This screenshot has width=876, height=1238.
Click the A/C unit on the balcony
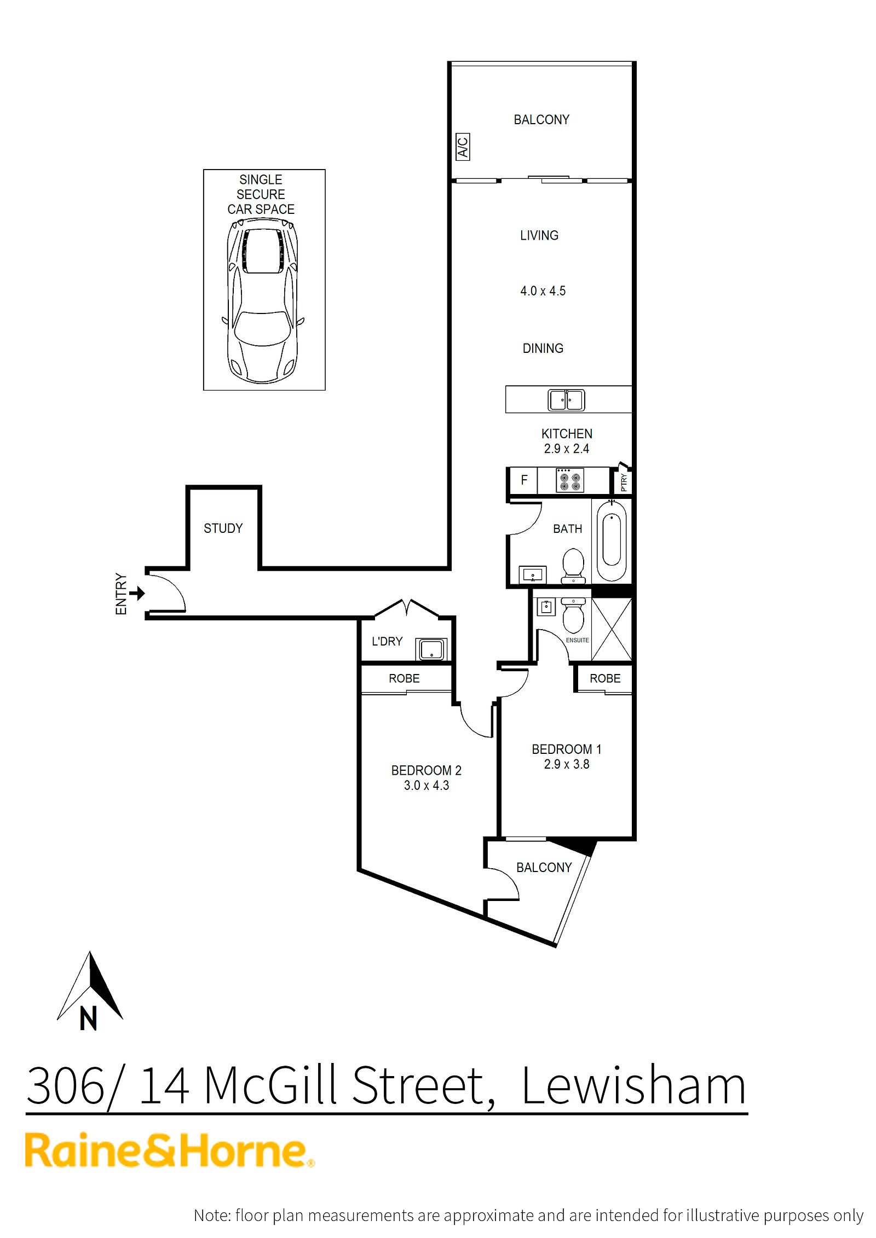click(463, 147)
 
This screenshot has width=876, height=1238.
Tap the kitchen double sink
click(566, 400)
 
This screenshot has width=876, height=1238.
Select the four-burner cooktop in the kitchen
click(569, 480)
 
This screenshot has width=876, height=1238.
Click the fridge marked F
click(523, 480)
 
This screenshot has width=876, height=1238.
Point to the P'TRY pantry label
click(624, 483)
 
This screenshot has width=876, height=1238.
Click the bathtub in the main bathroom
click(611, 540)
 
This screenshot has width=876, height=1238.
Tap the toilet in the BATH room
click(573, 566)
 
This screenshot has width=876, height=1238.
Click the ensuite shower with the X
click(612, 629)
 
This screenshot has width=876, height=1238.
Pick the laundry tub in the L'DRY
click(431, 649)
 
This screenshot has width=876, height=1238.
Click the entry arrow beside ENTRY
click(137, 593)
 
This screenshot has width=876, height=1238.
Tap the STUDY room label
click(223, 528)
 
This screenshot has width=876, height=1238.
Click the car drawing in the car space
click(263, 300)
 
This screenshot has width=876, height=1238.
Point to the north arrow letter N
click(88, 1019)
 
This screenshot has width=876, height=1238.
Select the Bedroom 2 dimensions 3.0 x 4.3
click(427, 786)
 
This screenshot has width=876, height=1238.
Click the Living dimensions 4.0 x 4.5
click(543, 291)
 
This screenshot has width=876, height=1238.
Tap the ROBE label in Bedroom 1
click(605, 678)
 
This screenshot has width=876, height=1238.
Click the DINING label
click(543, 348)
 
